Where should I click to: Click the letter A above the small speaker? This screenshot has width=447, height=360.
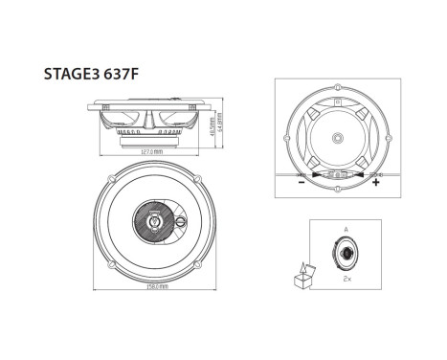pyautogui.click(x=346, y=230)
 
